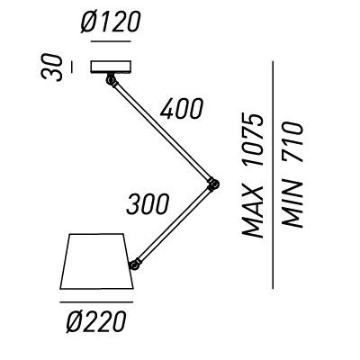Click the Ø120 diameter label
tap(111, 22)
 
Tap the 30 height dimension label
tap(52, 67)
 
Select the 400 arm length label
tap(182, 108)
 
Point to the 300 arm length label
tap(148, 204)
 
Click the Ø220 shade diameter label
tap(96, 321)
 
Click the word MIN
tap(292, 204)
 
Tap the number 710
tap(292, 142)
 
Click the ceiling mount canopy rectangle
tap(111, 67)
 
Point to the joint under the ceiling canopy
tap(111, 80)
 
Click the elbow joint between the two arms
tap(213, 184)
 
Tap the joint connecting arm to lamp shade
tap(135, 264)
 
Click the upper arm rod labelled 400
tap(162, 131)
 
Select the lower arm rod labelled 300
tap(174, 223)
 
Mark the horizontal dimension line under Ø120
tap(111, 41)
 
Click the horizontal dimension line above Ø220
tap(96, 302)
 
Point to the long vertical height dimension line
tap(273, 175)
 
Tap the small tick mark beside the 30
tap(71, 67)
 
